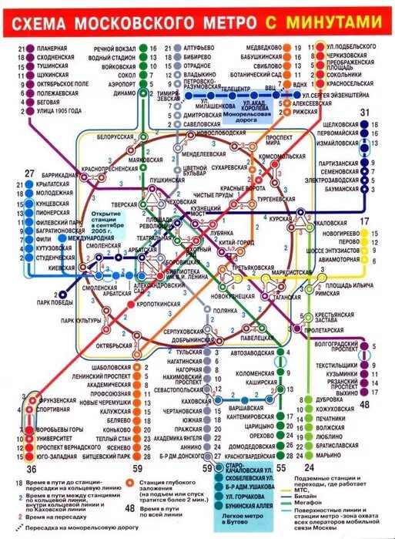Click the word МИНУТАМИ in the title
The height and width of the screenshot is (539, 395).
(334, 25)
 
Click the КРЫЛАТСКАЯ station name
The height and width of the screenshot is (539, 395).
(55, 197)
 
